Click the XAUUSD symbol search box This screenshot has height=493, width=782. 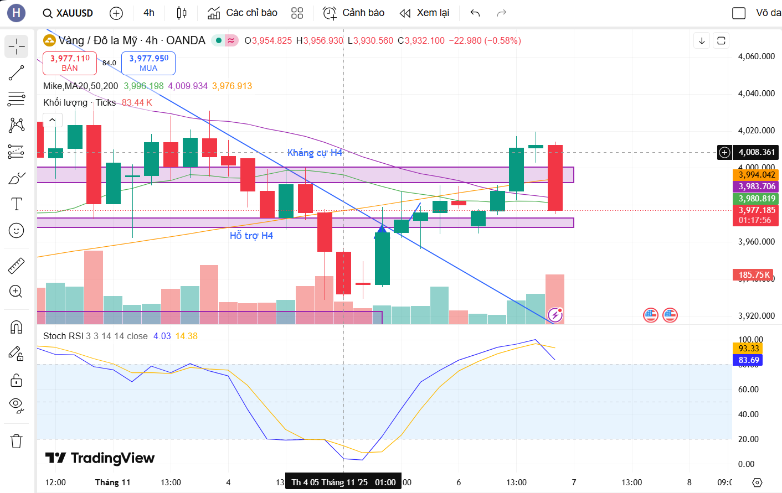pyautogui.click(x=68, y=13)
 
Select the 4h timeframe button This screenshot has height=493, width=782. pyautogui.click(x=149, y=13)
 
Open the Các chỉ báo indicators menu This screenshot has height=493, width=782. pyautogui.click(x=243, y=13)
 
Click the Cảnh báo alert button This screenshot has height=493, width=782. pyautogui.click(x=354, y=13)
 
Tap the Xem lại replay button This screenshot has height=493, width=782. pyautogui.click(x=425, y=13)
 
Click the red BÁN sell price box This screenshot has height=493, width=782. pyautogui.click(x=70, y=63)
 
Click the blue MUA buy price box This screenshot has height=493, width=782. pyautogui.click(x=148, y=63)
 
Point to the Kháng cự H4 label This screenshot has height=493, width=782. pyautogui.click(x=315, y=153)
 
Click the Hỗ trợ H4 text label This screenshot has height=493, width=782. pyautogui.click(x=251, y=236)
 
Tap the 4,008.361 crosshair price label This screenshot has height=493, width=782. pyautogui.click(x=756, y=152)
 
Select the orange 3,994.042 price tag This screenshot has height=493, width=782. pyautogui.click(x=756, y=175)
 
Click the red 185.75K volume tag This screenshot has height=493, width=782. pyautogui.click(x=754, y=275)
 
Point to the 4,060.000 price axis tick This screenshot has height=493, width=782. pyautogui.click(x=756, y=56)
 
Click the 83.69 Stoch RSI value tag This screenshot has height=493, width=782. pyautogui.click(x=748, y=360)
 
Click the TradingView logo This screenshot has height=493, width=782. pyautogui.click(x=100, y=458)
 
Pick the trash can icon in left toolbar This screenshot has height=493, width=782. pyautogui.click(x=17, y=441)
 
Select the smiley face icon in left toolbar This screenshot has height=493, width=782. pyautogui.click(x=17, y=230)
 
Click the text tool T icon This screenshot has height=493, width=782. pyautogui.click(x=17, y=204)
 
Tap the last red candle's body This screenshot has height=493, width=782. pyautogui.click(x=555, y=177)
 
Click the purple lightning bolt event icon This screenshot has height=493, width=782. pyautogui.click(x=555, y=315)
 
